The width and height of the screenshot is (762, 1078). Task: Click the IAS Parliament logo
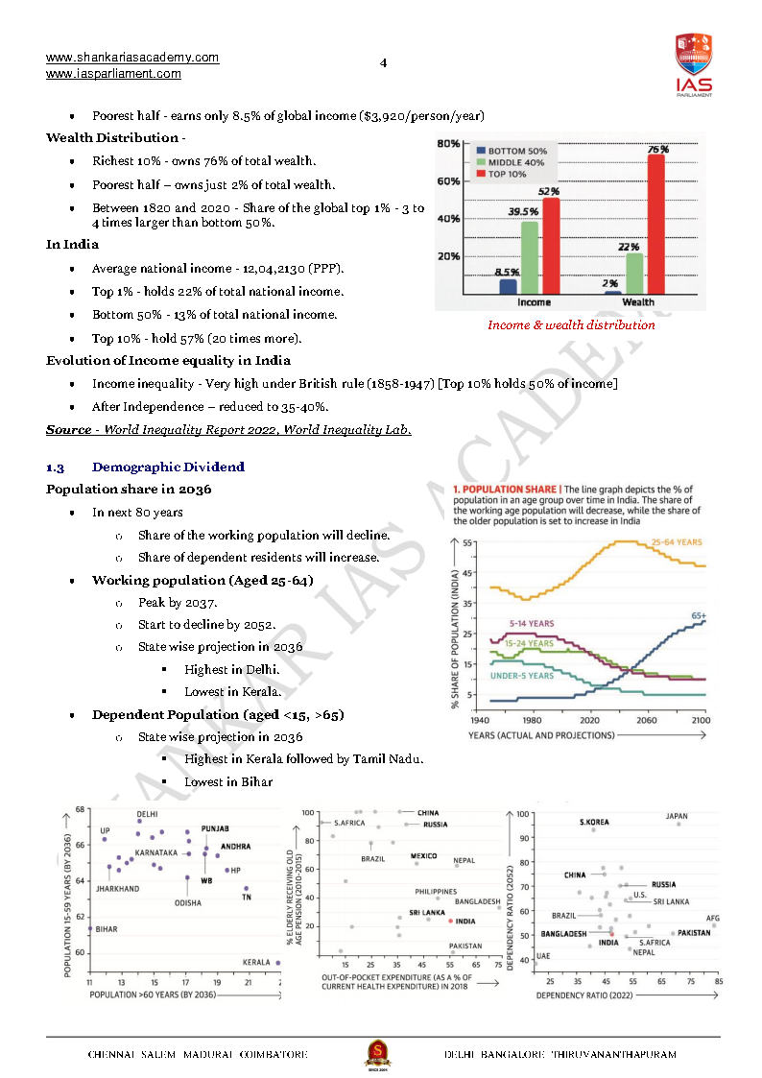[693, 64]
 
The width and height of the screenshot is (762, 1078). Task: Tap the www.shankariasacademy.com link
[132, 58]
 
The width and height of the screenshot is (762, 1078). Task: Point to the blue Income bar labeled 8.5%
[508, 286]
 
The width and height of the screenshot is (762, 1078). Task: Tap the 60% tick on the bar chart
[448, 180]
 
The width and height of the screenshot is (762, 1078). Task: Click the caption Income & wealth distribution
[571, 324]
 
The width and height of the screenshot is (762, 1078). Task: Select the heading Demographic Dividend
[168, 467]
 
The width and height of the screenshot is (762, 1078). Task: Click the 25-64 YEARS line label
[677, 542]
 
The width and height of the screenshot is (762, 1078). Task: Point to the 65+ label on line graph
[698, 615]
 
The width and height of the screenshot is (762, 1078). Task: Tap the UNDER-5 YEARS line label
[522, 676]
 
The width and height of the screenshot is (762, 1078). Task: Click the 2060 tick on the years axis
[646, 719]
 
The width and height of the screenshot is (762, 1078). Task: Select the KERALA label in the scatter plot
[256, 962]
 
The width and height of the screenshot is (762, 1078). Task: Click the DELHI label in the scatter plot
[147, 814]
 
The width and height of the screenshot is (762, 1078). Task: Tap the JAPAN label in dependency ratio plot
[677, 817]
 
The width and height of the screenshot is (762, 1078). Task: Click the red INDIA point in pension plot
[450, 921]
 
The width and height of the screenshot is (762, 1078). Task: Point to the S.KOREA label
[594, 823]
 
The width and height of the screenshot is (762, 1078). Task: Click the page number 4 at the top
[383, 63]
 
